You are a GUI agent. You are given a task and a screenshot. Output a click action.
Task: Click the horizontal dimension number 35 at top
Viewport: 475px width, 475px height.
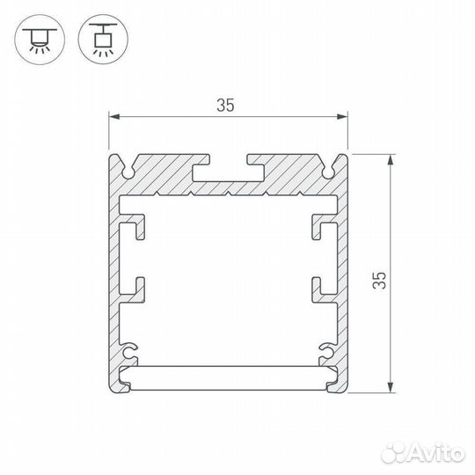225,106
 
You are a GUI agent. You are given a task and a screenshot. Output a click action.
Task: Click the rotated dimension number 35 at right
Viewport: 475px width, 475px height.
379,281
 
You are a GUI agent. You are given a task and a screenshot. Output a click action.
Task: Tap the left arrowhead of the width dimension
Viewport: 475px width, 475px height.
114,116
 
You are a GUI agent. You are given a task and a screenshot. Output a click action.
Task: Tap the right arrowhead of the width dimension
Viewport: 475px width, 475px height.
342,116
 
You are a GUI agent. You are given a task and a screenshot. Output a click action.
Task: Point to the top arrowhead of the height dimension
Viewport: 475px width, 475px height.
391,160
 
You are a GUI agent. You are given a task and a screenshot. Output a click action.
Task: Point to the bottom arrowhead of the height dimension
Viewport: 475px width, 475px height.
391,387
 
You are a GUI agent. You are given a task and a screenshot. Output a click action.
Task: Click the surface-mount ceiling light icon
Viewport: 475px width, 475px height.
40,39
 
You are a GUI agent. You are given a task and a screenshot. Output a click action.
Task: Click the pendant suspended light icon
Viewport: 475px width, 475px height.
103,39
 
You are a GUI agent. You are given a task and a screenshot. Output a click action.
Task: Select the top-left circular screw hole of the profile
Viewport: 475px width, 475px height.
128,172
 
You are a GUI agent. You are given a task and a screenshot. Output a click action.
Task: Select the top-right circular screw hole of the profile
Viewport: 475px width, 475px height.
328,172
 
